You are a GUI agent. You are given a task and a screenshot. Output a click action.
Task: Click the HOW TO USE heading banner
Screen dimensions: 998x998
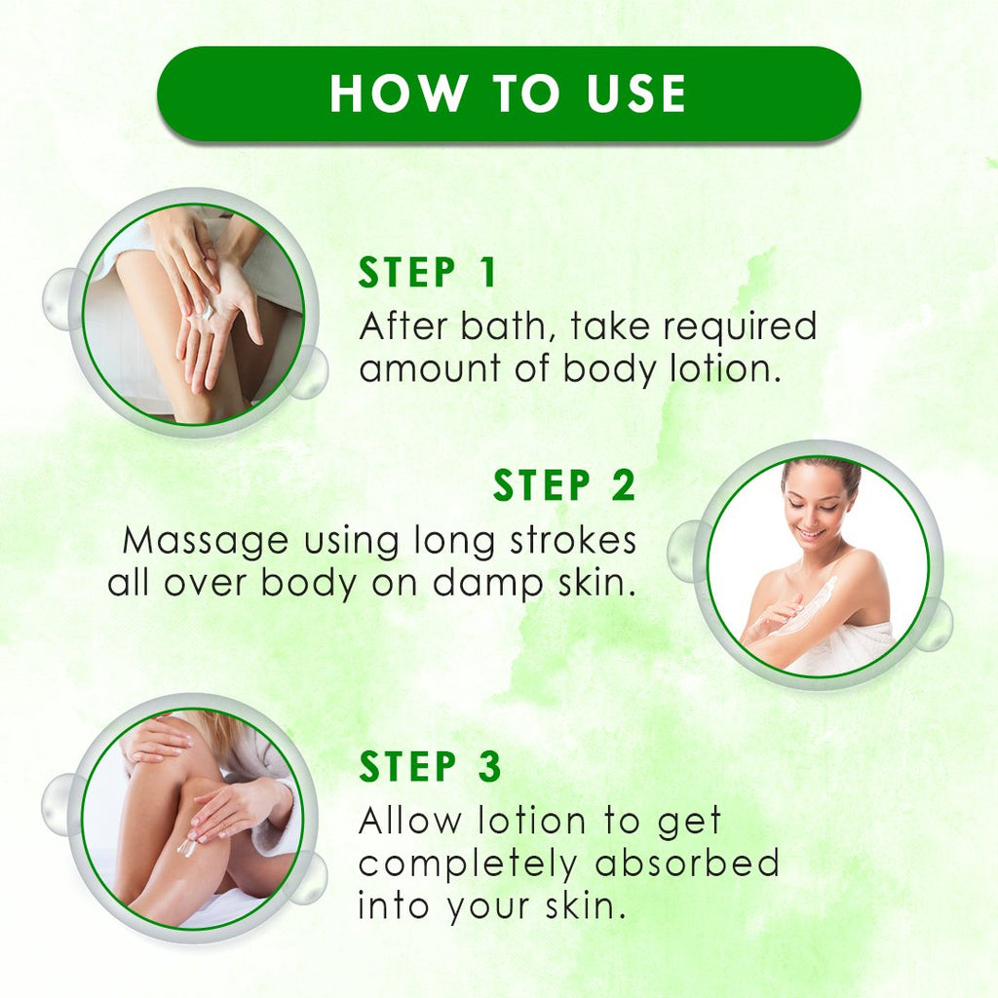pos(509,94)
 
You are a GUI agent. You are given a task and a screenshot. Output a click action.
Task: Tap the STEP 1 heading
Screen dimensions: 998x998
pos(427,273)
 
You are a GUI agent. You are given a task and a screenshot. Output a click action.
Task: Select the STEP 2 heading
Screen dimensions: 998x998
pos(564,485)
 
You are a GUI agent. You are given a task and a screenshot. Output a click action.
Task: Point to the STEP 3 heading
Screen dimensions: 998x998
pos(430,766)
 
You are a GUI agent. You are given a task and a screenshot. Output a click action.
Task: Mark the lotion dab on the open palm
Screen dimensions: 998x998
pos(207,310)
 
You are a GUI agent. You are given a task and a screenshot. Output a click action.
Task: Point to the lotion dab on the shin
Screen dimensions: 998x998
pos(186,847)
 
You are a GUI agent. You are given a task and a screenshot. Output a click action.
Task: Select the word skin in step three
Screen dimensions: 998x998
pos(582,905)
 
